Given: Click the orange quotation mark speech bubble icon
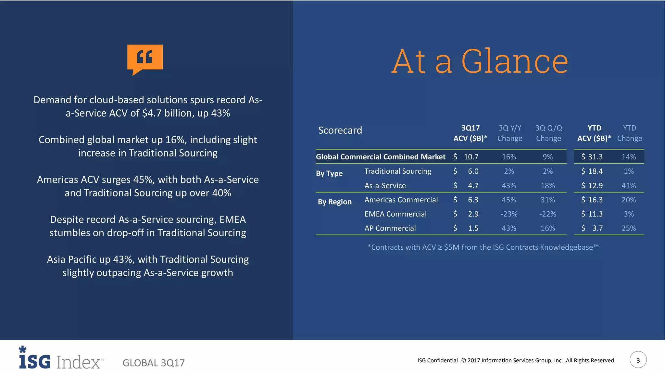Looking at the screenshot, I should (145, 58).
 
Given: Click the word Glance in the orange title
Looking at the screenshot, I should (514, 61).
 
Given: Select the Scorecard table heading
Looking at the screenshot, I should (340, 130).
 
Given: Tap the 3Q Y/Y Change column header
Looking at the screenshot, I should (510, 133).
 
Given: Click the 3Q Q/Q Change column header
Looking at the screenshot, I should (548, 133).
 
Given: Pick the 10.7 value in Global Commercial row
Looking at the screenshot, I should (471, 157).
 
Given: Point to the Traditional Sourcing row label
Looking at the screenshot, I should (398, 171).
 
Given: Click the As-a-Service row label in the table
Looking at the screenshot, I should (385, 186).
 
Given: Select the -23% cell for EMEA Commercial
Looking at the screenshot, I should (509, 214).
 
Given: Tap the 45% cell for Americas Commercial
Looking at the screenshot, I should (509, 200).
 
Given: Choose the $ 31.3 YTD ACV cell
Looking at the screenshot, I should (592, 157).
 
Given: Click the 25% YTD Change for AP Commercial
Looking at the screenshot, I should (629, 228).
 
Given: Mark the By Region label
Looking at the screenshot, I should (334, 202).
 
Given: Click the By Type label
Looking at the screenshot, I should (329, 173).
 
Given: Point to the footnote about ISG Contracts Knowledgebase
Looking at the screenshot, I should (483, 247).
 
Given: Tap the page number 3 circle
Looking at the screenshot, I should (638, 360).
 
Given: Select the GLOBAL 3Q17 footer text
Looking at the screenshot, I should (154, 363).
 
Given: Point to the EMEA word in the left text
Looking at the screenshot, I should (232, 219).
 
